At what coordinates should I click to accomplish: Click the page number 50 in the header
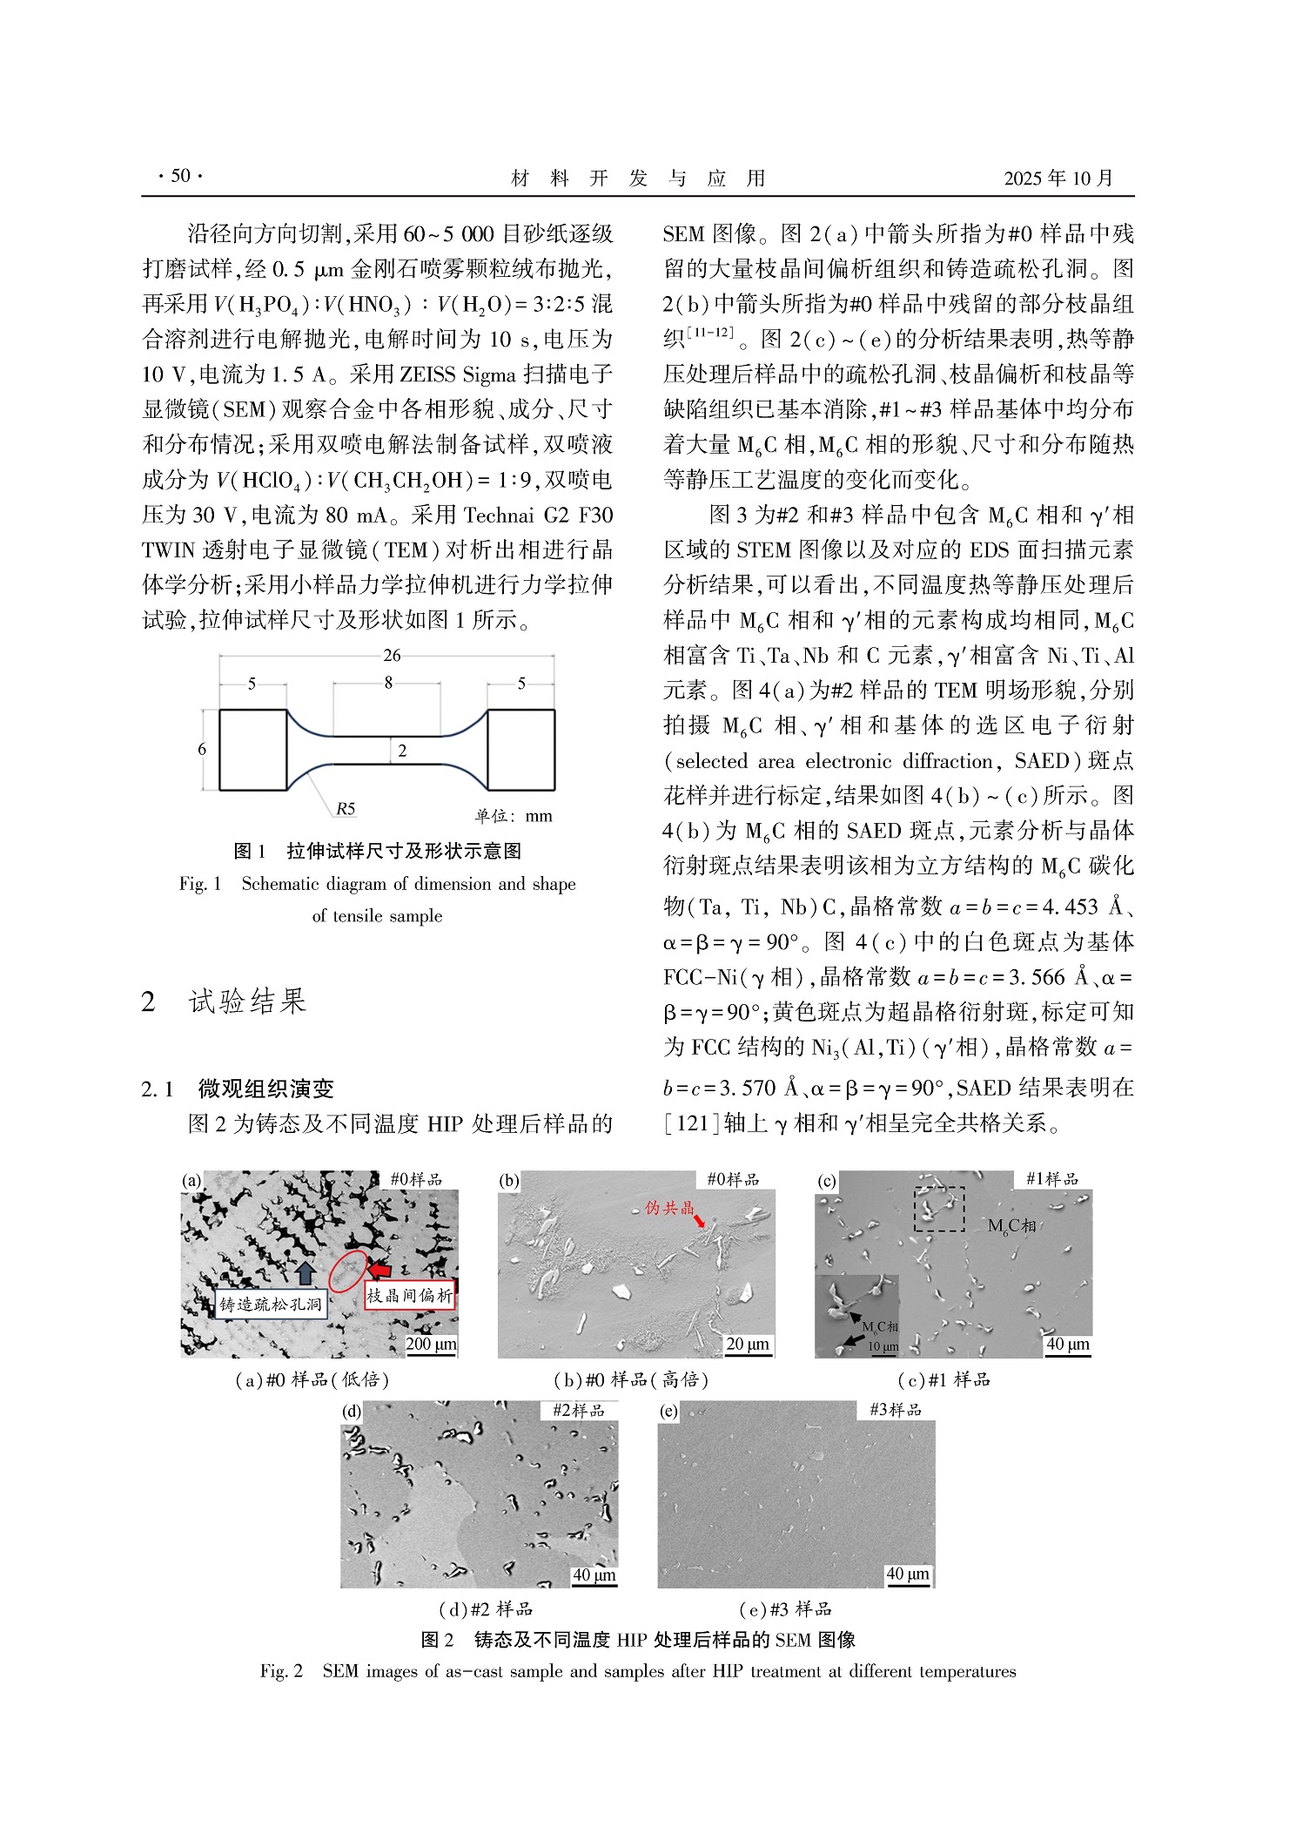pyautogui.click(x=180, y=176)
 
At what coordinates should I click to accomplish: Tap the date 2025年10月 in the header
pyautogui.click(x=1058, y=179)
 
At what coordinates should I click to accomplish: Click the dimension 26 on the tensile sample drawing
pyautogui.click(x=391, y=656)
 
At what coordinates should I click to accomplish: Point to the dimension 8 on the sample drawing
pyautogui.click(x=388, y=683)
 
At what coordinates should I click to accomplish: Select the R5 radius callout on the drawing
pyautogui.click(x=346, y=809)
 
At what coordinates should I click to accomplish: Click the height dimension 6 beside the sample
pyautogui.click(x=202, y=749)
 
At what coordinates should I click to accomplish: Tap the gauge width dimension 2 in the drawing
pyautogui.click(x=402, y=751)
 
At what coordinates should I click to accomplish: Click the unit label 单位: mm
pyautogui.click(x=514, y=816)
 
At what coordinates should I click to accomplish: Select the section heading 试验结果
pyautogui.click(x=247, y=1001)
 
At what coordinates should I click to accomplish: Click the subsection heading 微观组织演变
pyautogui.click(x=265, y=1089)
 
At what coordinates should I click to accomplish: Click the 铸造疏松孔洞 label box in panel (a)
pyautogui.click(x=271, y=1305)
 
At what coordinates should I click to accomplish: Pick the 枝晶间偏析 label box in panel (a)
pyautogui.click(x=409, y=1296)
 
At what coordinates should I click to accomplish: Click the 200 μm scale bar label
pyautogui.click(x=431, y=1345)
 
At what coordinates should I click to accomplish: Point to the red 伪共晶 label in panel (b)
pyautogui.click(x=669, y=1208)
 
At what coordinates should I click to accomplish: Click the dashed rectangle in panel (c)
pyautogui.click(x=938, y=1209)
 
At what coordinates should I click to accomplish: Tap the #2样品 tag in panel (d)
pyautogui.click(x=578, y=1410)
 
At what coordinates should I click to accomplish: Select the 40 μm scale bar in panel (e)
pyautogui.click(x=908, y=1574)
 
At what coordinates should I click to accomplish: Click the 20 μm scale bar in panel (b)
pyautogui.click(x=748, y=1345)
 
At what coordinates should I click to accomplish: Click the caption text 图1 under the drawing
pyautogui.click(x=250, y=851)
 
